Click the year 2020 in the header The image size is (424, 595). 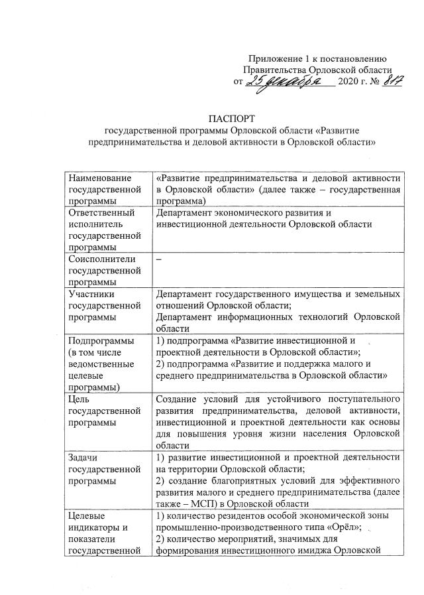[348, 84]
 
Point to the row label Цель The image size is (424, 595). [79, 399]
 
